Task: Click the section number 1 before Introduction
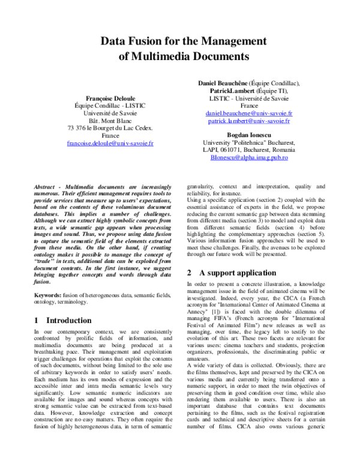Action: point(37,320)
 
